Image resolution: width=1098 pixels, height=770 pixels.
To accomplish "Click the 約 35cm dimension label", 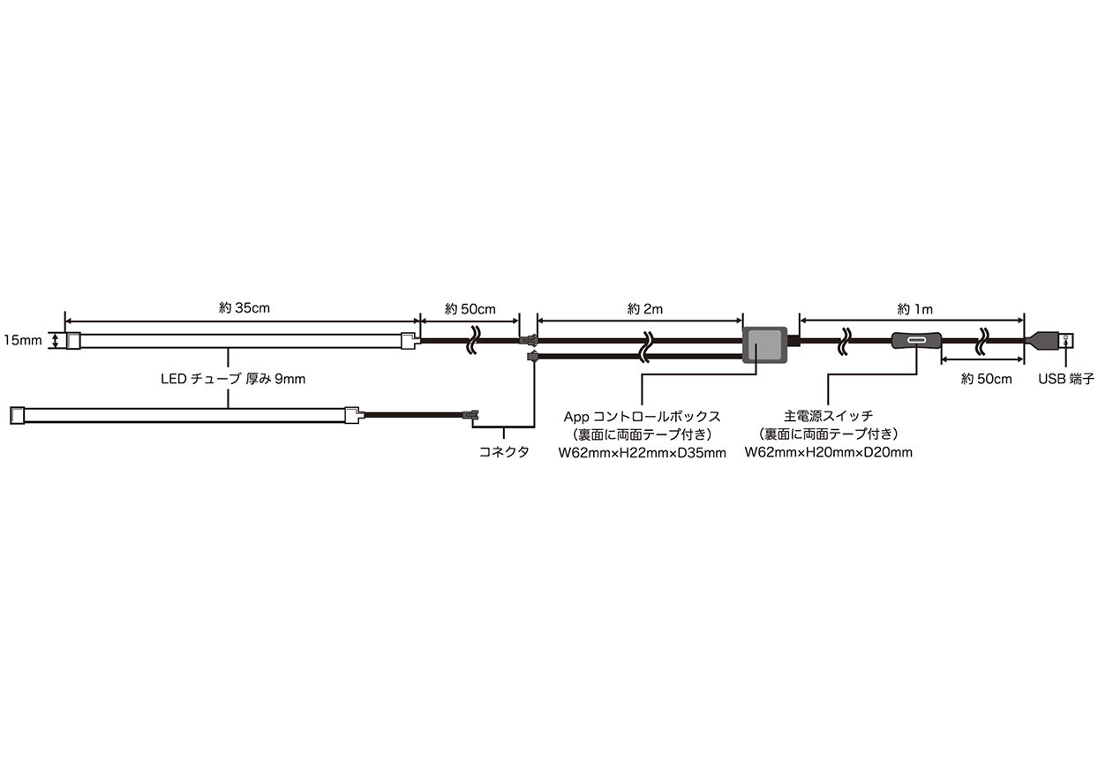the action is coord(244,308).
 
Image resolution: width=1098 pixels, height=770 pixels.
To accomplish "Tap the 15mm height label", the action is coord(23,340).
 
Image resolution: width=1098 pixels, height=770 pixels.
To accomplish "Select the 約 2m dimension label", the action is coord(645,309).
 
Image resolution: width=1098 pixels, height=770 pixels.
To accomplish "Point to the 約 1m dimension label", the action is coord(914,309).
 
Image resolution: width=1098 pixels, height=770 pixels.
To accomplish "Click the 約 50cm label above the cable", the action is coord(470,309).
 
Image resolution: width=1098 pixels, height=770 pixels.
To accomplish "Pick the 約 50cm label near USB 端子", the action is coord(986,379).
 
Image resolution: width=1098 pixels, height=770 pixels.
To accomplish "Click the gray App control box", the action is coord(764,345).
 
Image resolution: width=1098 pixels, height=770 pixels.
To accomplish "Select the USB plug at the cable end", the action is coord(1049,340).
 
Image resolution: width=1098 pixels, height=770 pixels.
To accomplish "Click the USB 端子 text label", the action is coord(1066,379).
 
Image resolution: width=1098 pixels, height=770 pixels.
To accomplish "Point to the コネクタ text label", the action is coord(503,452).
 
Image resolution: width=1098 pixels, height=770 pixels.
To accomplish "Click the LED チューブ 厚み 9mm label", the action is coord(233,379).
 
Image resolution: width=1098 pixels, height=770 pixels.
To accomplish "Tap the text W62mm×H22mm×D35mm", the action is coord(643,453).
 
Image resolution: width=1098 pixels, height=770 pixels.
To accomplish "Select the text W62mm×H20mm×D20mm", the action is coord(829,452).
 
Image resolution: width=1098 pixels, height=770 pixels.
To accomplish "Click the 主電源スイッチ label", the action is coord(829,416).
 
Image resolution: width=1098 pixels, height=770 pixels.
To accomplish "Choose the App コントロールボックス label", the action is coord(643,417).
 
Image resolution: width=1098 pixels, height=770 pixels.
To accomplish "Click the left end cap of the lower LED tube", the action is coord(17,415).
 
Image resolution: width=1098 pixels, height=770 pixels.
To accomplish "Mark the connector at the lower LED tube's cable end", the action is coord(470,416).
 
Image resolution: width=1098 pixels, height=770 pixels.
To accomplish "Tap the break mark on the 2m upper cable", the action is coord(647,340).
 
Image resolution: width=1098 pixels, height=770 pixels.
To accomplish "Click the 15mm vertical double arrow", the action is coord(56,340).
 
